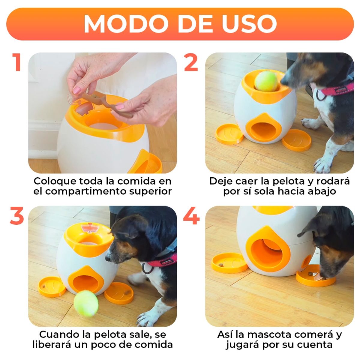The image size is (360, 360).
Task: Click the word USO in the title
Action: click(249, 24)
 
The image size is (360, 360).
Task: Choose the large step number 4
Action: click(191, 216)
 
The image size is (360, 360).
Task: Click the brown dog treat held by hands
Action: click(108, 103)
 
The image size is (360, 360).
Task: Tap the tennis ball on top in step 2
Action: click(266, 81)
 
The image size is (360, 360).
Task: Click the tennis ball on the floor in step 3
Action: click(86, 304)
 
